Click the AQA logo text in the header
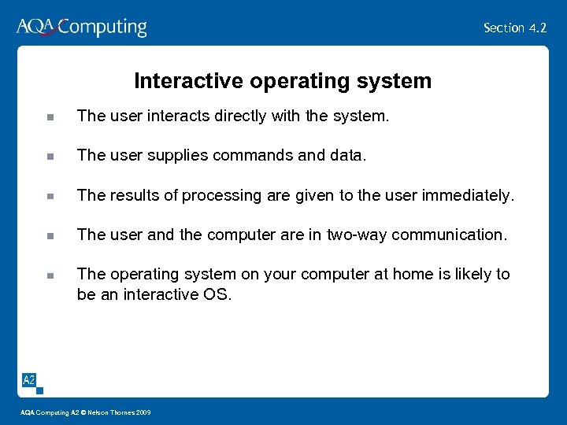(36, 27)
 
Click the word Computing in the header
(102, 28)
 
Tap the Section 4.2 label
(515, 28)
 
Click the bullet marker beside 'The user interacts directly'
(50, 117)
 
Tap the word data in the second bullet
(348, 156)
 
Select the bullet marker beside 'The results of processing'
(50, 196)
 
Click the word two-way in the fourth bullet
(353, 235)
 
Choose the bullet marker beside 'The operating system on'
(50, 275)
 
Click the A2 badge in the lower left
(29, 380)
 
